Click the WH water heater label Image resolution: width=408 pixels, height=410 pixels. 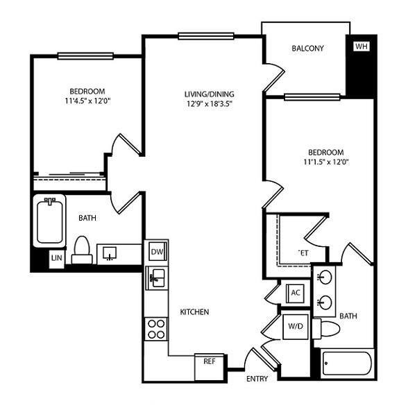(360, 47)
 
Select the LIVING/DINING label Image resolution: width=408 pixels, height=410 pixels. (210, 94)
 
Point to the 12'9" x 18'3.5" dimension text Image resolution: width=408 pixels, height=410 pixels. (210, 105)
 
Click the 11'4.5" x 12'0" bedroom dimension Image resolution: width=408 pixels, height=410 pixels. (87, 101)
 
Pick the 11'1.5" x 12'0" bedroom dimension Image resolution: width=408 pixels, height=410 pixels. (325, 162)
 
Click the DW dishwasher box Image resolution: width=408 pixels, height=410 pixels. (156, 251)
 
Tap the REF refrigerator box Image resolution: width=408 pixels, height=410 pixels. (209, 361)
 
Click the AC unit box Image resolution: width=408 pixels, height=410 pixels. (295, 292)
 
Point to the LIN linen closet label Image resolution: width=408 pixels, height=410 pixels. (56, 259)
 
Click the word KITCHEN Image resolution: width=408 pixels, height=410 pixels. (195, 312)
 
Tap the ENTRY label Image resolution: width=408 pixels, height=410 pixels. (257, 379)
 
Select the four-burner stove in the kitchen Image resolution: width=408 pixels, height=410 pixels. (155, 327)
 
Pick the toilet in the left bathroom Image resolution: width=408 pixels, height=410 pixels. (82, 248)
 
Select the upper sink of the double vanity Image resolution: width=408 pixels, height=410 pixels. (324, 277)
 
